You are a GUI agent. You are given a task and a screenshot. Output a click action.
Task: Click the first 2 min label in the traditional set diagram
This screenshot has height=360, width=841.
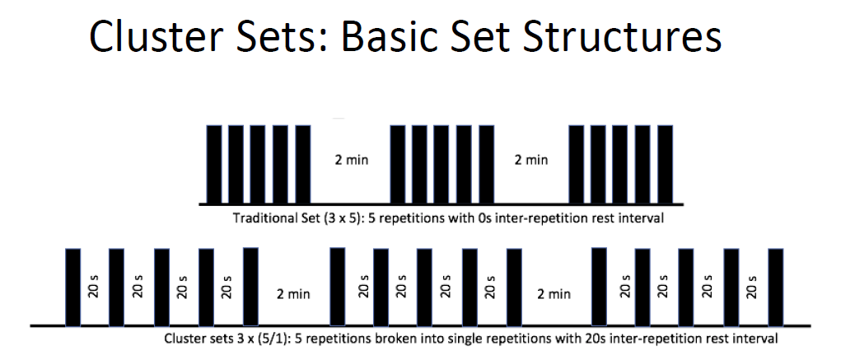coord(352,160)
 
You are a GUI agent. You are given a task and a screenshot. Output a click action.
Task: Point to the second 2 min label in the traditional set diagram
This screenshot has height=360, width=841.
coord(531,160)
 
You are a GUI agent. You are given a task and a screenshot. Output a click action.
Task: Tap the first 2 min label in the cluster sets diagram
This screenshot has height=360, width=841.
coord(293,294)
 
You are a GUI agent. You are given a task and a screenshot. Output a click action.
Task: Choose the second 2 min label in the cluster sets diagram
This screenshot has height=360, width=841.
coord(554,294)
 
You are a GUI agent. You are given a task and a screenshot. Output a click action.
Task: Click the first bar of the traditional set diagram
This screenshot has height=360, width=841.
coord(214,164)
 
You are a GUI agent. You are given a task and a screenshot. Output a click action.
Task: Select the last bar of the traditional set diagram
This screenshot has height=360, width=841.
coord(665,164)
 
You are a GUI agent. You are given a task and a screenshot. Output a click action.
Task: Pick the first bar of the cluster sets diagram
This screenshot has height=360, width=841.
coord(73,287)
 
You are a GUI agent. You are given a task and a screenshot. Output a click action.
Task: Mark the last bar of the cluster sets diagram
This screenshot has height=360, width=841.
coord(776,287)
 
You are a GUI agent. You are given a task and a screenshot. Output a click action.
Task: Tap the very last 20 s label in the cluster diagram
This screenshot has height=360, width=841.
coord(753,287)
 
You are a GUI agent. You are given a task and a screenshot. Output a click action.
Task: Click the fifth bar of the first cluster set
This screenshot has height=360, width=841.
coord(250,287)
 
